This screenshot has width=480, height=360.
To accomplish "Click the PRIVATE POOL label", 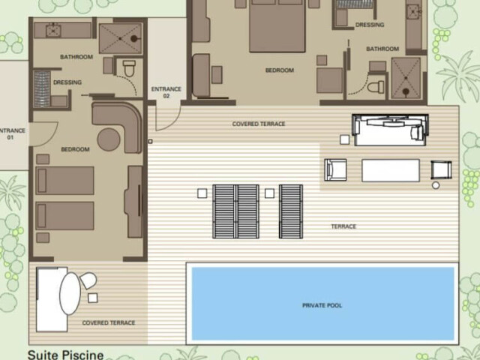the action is pos(322,305).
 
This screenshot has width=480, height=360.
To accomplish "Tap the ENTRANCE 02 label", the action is pos(166,92).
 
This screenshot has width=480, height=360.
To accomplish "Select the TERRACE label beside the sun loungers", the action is pos(343,226).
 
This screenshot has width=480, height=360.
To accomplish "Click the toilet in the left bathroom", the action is pos(129,68).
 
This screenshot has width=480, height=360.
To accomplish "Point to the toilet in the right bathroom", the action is pos(376,87).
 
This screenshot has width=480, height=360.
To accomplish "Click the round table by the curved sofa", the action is pos(109,139).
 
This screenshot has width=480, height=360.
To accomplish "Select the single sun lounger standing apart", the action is pos(291,211).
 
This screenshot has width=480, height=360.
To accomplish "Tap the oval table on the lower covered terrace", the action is pos(70,293).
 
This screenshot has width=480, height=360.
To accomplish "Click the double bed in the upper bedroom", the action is pos(277,25).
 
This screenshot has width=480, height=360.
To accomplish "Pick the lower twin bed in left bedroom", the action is pos(64,215).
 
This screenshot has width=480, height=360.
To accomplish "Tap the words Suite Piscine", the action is pos(66,355).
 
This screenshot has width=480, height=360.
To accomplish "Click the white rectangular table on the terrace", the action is pos(391,170).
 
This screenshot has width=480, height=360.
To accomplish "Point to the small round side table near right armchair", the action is pos(436,185).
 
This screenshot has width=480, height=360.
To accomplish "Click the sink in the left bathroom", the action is pos(53,30).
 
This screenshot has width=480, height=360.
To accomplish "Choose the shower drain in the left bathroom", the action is pos(133,38).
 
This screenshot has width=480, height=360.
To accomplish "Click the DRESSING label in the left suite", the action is pos(67,82).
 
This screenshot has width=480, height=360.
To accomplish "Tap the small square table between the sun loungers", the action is pos(269,193).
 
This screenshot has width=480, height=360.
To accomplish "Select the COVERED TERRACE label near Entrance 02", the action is pos(259,124).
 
